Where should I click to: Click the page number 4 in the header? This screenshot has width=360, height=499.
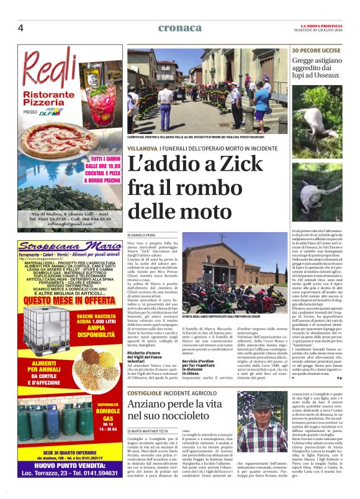tap(20, 28)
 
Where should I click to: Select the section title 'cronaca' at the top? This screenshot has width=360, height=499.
tap(179, 27)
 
